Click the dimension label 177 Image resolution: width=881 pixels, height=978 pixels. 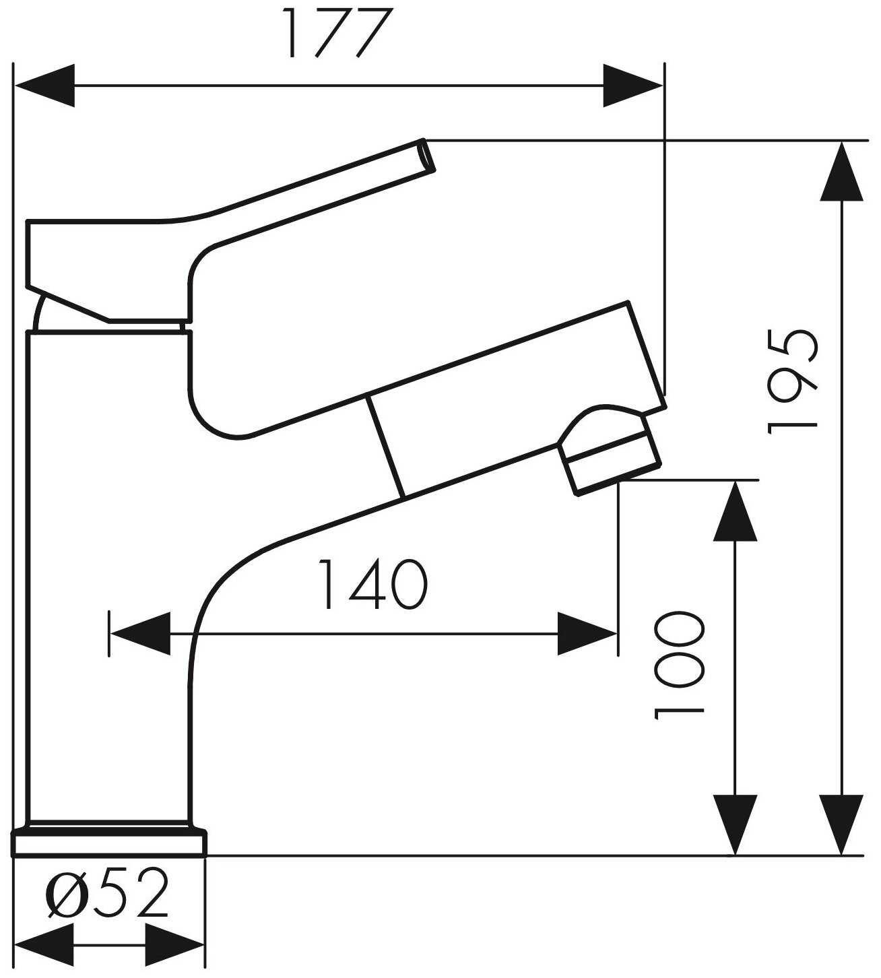click(x=338, y=33)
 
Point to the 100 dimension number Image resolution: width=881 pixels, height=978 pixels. click(x=679, y=666)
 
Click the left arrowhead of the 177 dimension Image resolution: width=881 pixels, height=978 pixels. click(x=45, y=86)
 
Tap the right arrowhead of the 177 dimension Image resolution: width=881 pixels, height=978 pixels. click(x=633, y=86)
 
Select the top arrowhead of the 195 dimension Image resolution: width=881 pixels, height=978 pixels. click(x=842, y=171)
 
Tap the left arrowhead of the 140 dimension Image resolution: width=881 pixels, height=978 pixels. click(x=140, y=634)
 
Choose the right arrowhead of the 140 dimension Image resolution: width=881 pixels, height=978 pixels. click(x=587, y=634)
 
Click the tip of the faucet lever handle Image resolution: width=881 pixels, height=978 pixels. click(x=428, y=155)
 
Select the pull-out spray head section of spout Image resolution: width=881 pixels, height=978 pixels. click(x=517, y=400)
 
